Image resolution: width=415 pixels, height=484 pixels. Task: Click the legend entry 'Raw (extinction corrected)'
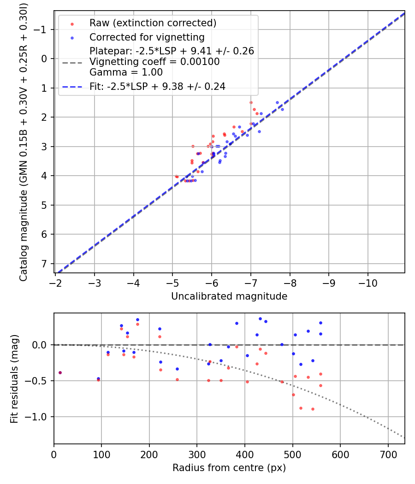153,23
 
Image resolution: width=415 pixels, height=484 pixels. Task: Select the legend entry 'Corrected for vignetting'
147,37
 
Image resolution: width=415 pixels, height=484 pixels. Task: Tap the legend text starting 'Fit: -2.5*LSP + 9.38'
157,86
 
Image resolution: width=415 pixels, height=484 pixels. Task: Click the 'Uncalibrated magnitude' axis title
229,296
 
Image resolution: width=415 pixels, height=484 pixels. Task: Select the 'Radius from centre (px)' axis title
229,468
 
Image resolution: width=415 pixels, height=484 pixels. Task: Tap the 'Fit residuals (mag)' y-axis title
14,378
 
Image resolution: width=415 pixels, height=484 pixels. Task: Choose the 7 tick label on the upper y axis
44,264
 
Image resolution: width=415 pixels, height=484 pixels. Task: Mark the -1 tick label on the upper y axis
41,30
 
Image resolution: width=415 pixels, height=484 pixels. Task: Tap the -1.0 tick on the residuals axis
39,417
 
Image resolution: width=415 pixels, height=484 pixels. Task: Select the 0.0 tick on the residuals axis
41,345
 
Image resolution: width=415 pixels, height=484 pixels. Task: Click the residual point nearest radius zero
60,372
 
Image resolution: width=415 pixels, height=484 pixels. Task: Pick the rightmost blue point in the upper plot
282,109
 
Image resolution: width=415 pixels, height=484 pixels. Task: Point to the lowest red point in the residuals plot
313,409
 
